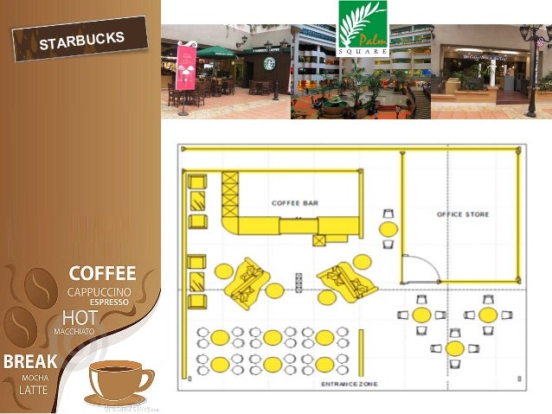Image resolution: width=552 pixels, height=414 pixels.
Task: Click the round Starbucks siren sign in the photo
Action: pyautogui.click(x=269, y=64)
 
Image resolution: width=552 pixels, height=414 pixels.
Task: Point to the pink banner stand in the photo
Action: pyautogui.click(x=186, y=66)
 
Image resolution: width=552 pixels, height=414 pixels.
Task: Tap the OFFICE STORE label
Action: pyautogui.click(x=463, y=214)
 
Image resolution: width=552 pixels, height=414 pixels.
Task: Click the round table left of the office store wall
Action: pyautogui.click(x=389, y=229)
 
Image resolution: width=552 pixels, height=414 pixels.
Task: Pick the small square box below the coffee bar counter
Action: pyautogui.click(x=320, y=241)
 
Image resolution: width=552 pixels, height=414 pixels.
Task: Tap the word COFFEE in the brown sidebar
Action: pyautogui.click(x=103, y=274)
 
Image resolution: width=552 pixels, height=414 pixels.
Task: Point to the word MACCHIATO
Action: pyautogui.click(x=74, y=331)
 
